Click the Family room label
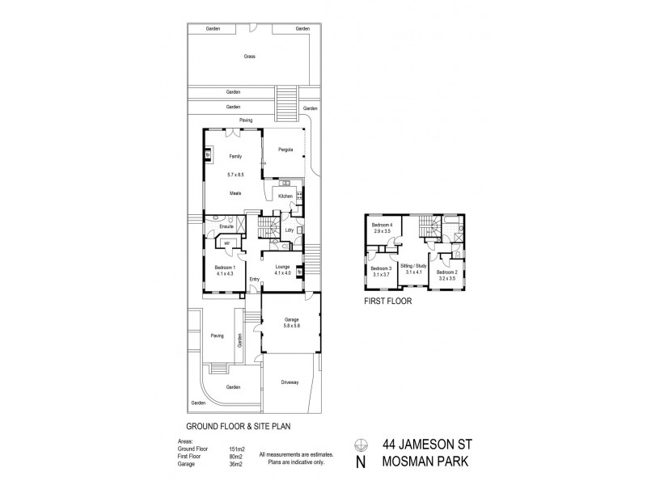pos(235,156)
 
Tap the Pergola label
pos(285,150)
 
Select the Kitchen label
pos(285,196)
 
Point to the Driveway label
pos(290,382)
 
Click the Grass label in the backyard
pos(250,57)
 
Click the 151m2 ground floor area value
pos(236,448)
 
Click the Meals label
pos(235,193)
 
